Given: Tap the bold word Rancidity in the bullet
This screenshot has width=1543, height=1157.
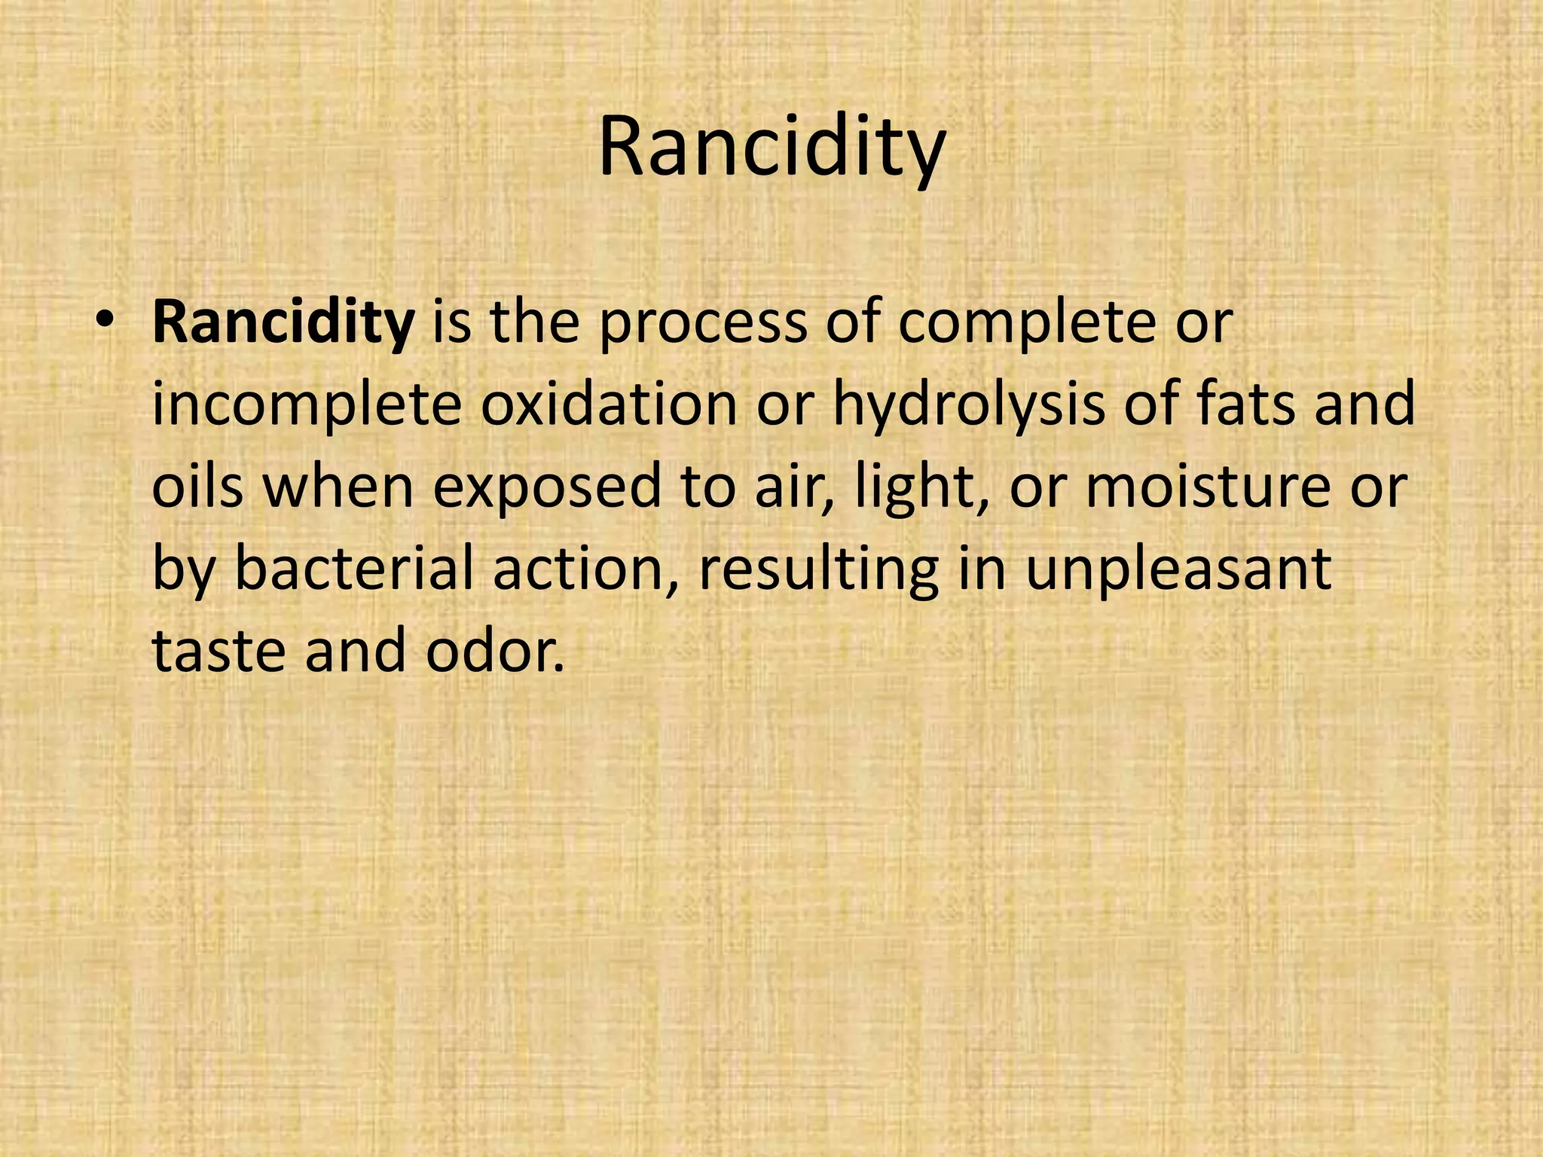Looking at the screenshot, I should click(x=283, y=322).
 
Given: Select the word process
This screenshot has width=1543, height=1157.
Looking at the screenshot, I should click(x=703, y=324).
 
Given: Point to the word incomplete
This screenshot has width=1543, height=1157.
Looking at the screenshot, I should click(x=307, y=405).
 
